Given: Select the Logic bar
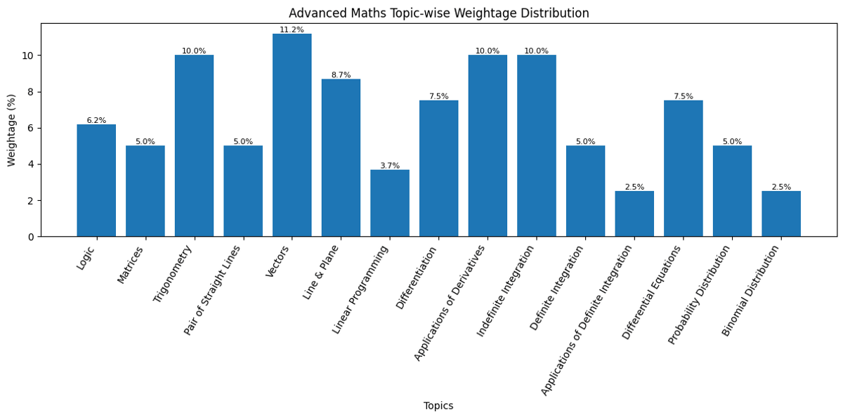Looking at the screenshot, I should pos(96,181).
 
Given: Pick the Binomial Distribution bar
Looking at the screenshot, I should pos(781,214).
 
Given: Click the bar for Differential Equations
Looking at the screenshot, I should pos(683,169).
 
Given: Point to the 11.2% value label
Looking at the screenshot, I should pos(292,30).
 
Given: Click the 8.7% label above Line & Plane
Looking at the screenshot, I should pos(341,75).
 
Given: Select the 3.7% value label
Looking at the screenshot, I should pos(390,166).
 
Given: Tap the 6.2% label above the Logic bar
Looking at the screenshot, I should pos(96,120).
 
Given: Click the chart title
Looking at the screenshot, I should pos(438,13).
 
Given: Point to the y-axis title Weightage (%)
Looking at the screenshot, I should pos(12,130).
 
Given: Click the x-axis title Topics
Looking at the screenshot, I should pos(438,406).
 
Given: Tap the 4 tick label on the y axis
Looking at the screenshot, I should pos(31,164).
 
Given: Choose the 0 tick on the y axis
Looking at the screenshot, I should pos(31,237).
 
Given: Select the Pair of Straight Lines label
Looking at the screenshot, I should pos(213,289).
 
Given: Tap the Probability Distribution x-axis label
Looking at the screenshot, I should pos(700,294).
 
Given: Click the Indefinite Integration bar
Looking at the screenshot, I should pos(537,145).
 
